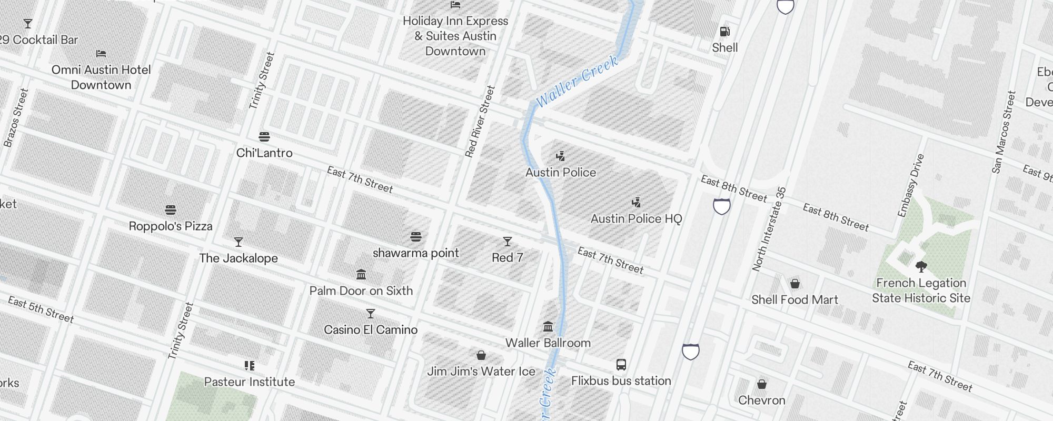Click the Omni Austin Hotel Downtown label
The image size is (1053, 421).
pyautogui.click(x=101, y=77)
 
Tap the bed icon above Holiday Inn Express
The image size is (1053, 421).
pyautogui.click(x=455, y=5)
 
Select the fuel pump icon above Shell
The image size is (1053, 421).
pyautogui.click(x=725, y=32)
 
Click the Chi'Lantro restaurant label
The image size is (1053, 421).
pyautogui.click(x=264, y=153)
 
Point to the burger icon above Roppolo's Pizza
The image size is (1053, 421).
pyautogui.click(x=171, y=210)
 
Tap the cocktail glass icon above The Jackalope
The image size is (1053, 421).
pyautogui.click(x=239, y=242)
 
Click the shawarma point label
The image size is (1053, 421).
pyautogui.click(x=416, y=253)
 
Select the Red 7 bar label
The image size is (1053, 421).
pyautogui.click(x=508, y=258)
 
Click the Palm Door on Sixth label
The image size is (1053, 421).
pyautogui.click(x=361, y=291)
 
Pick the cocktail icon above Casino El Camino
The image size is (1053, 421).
pyautogui.click(x=371, y=314)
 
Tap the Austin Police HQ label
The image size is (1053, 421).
pyautogui.click(x=636, y=219)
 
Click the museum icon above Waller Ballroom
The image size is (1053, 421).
pyautogui.click(x=548, y=327)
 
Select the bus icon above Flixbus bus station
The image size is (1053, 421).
pyautogui.click(x=621, y=365)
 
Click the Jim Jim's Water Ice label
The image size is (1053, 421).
pyautogui.click(x=481, y=372)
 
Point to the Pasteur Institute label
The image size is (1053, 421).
pyautogui.click(x=250, y=382)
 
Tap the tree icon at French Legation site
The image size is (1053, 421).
pyautogui.click(x=921, y=266)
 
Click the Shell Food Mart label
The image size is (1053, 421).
pyautogui.click(x=794, y=300)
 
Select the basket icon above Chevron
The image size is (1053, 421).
pyautogui.click(x=762, y=384)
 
